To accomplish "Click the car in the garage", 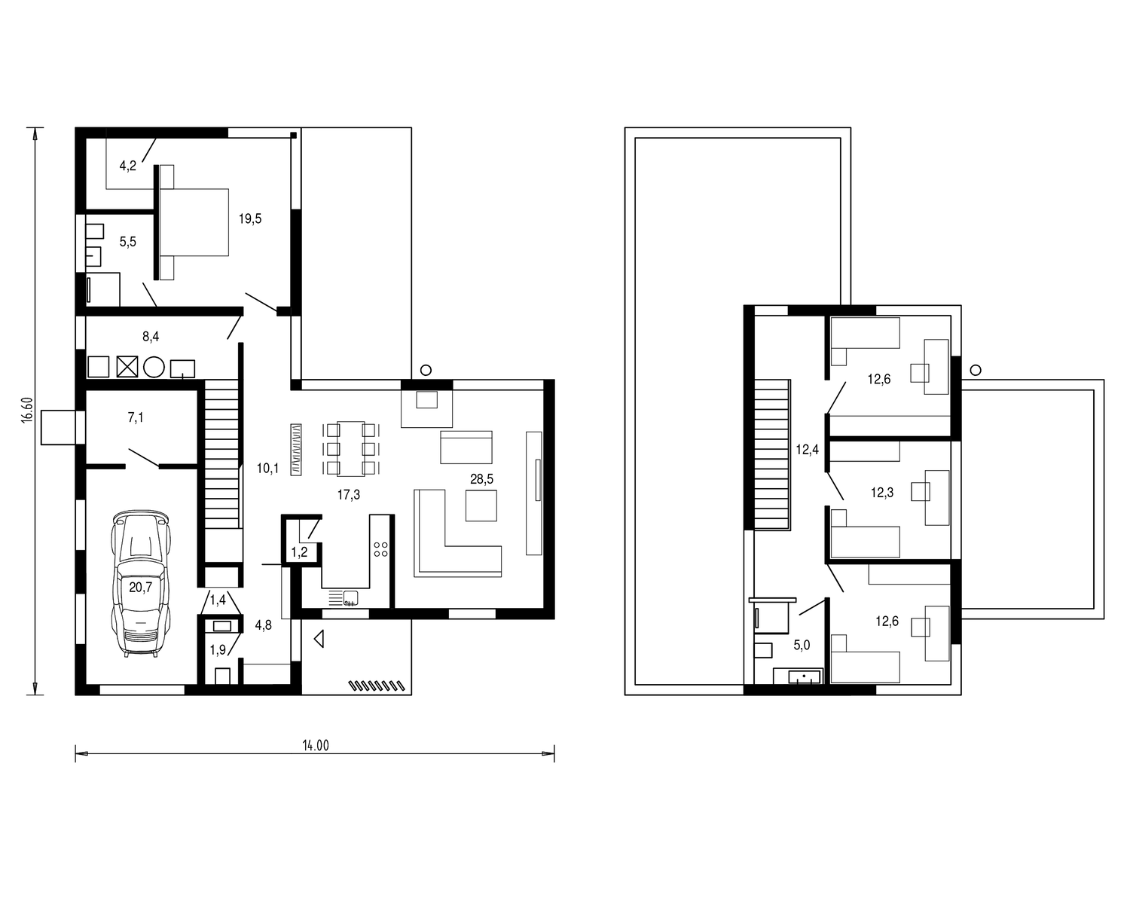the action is coord(141,582).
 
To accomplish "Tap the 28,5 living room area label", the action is coord(481,479).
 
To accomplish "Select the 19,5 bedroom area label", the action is coord(250,218).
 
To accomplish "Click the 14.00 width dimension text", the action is coord(316,745).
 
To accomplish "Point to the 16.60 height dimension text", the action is coord(27,411).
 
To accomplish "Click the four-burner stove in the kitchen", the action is coord(380,549).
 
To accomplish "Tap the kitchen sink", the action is coord(350,597).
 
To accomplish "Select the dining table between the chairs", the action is coord(351,448).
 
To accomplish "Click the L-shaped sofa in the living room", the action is coord(457,533).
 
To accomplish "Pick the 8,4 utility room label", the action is coord(151,337).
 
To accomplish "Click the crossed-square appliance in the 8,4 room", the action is coord(127,367).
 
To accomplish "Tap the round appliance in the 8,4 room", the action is coord(154,367).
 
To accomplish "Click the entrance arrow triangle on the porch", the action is coord(319,640).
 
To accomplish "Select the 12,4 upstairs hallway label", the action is coord(807,450).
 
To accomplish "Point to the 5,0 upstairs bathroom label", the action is coord(802,645).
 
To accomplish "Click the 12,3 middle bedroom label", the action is coord(882,493).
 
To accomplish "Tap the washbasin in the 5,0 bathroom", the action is coord(804,676).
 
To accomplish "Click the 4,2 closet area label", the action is coord(127,166).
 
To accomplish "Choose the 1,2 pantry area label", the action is coord(299,552).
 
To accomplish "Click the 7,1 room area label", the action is coord(136,417).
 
